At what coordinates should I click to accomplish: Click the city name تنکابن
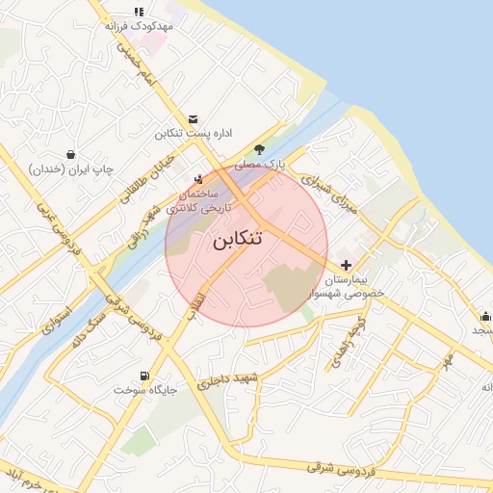pos(237,240)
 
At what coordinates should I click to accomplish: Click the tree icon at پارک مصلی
pos(258,149)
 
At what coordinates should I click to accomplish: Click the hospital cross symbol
pos(347,264)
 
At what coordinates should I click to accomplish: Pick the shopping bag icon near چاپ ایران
pos(71,154)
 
